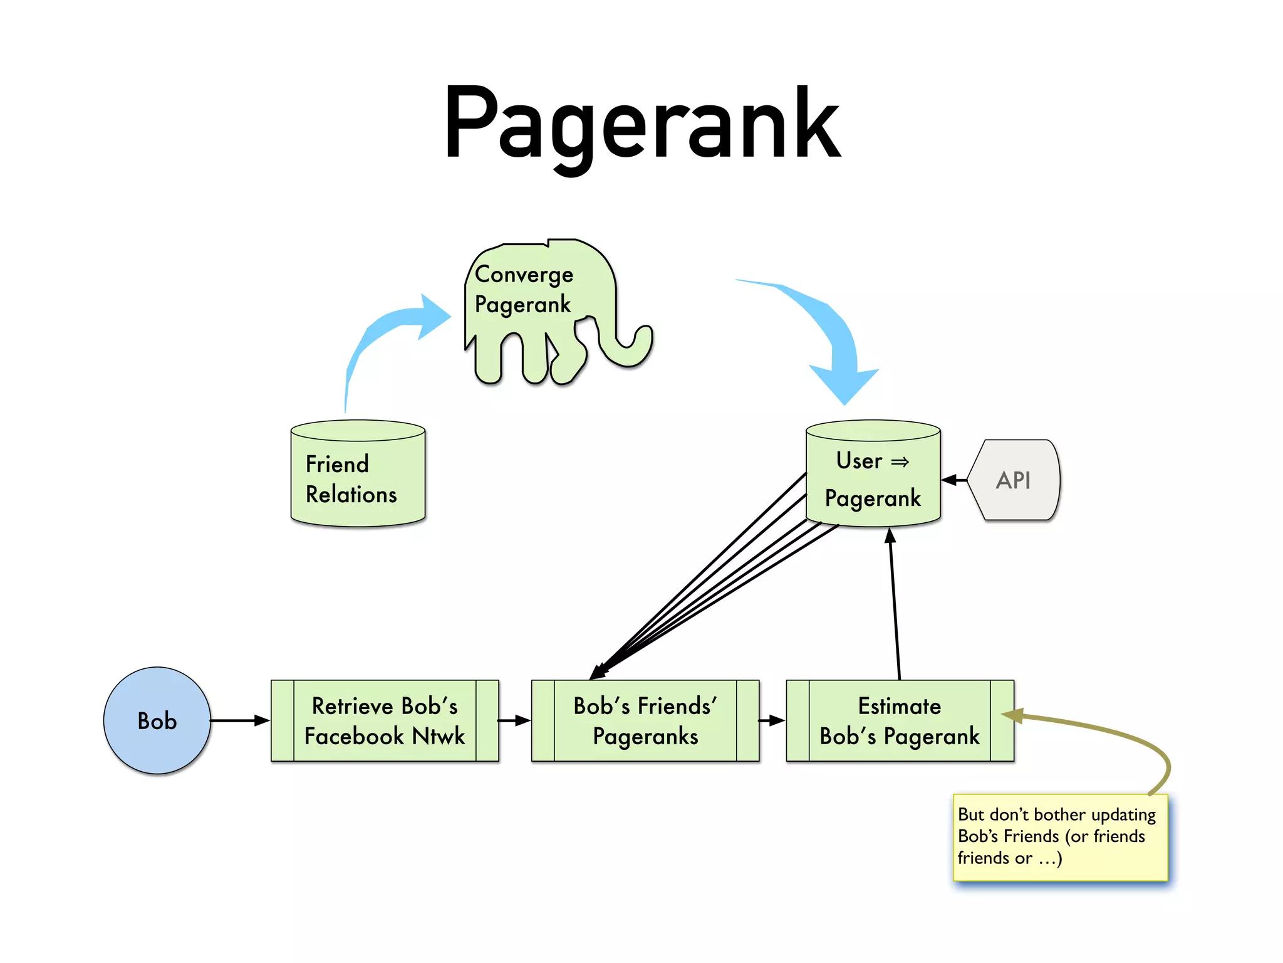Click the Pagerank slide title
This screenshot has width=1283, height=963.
[x=641, y=125]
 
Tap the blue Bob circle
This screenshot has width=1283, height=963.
[x=157, y=720]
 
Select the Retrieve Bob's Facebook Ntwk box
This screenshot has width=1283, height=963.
[x=385, y=720]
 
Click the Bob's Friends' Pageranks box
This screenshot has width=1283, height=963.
[x=645, y=720]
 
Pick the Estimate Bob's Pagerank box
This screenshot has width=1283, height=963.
[x=900, y=720]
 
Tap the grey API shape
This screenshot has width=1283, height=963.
[x=1014, y=480]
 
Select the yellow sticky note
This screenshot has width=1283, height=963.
[x=1060, y=837]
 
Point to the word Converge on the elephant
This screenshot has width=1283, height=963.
[x=524, y=275]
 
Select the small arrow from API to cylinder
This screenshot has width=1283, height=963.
[x=953, y=480]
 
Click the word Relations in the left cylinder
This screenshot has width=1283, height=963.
[x=351, y=495]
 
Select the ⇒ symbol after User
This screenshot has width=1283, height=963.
[x=900, y=462]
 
